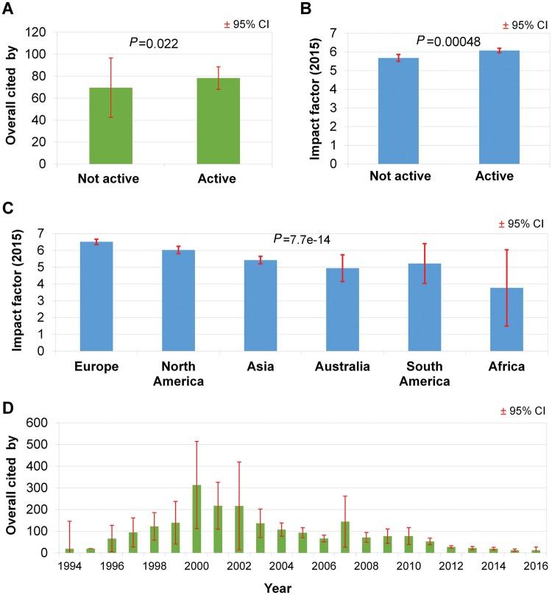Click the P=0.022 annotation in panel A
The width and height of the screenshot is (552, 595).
click(155, 44)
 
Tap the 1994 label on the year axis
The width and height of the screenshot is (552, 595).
click(70, 566)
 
